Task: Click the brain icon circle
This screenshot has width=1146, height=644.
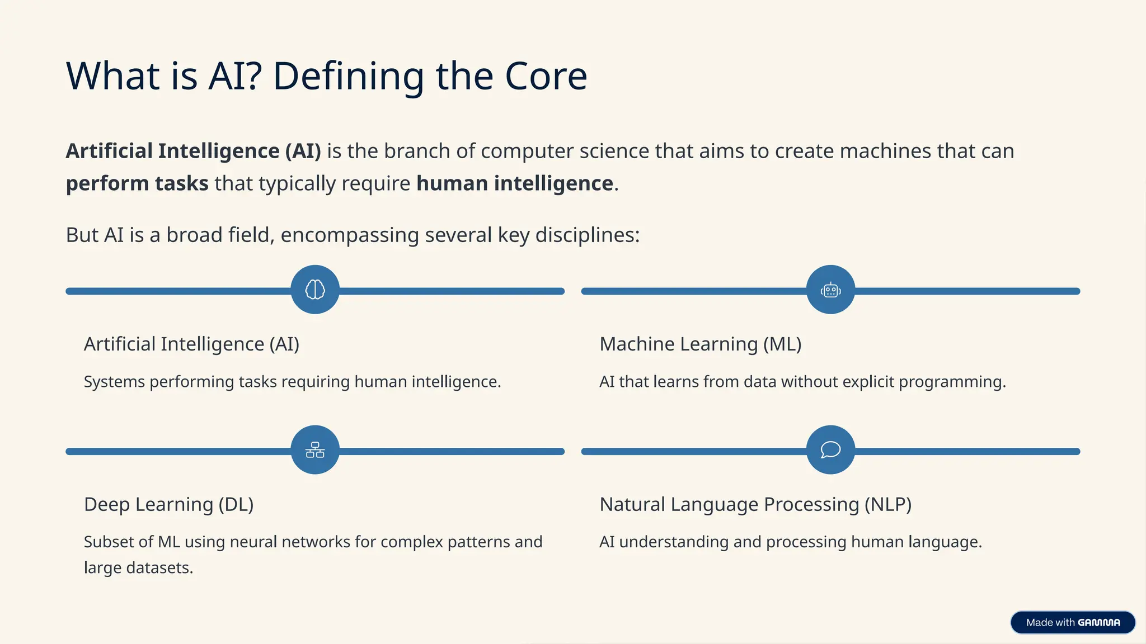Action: [x=315, y=290]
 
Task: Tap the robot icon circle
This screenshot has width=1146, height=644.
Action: [x=830, y=290]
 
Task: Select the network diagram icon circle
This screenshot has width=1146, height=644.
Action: [x=315, y=450]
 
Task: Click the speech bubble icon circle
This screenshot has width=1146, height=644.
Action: [x=830, y=450]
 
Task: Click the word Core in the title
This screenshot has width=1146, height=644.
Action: [x=546, y=76]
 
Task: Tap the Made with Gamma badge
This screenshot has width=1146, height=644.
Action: [x=1072, y=622]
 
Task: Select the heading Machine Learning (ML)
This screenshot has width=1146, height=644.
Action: [x=700, y=344]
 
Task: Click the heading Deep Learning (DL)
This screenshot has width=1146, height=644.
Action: [x=168, y=504]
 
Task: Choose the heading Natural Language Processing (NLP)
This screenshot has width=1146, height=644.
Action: [x=755, y=504]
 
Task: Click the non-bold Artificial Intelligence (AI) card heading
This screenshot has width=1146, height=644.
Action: [x=191, y=344]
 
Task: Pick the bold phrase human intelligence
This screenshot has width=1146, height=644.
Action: [x=514, y=183]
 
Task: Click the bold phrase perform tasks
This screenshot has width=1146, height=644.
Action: [x=137, y=183]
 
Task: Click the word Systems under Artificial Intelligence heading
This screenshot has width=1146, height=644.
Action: [x=114, y=382]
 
